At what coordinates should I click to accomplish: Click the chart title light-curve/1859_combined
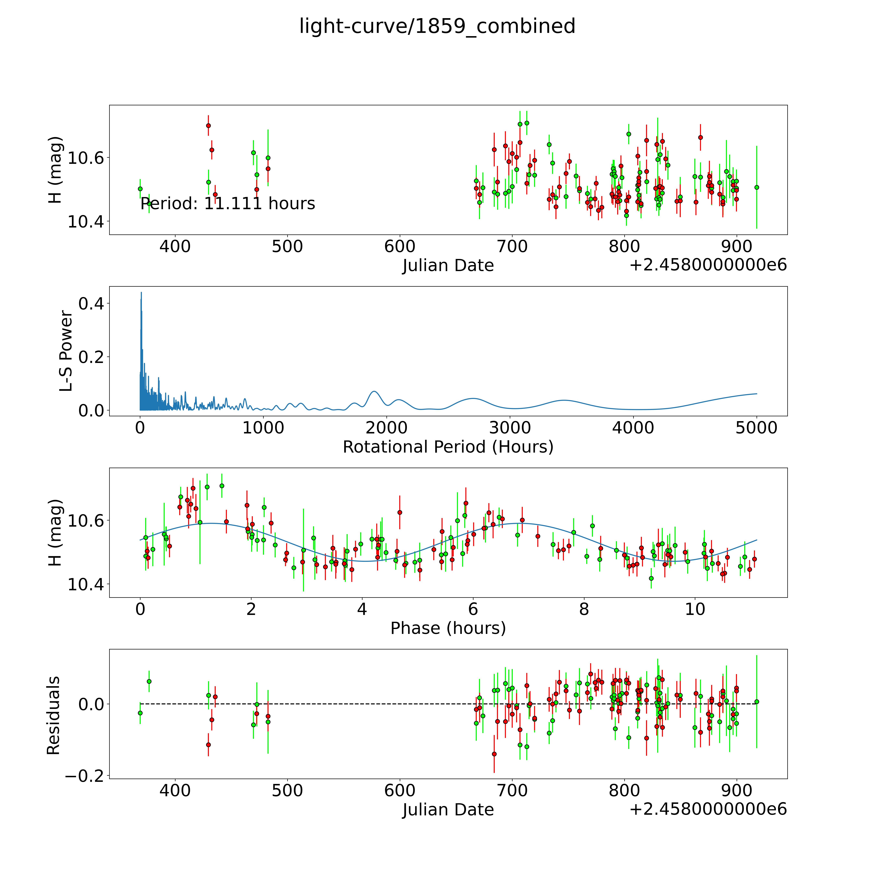(437, 26)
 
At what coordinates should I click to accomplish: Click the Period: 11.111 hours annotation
(227, 204)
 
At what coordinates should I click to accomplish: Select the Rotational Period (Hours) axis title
(448, 447)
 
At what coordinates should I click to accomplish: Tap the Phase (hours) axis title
(448, 628)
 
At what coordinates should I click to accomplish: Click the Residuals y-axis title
(53, 716)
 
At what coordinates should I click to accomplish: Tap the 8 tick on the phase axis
(584, 609)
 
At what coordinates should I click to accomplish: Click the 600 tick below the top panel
(399, 247)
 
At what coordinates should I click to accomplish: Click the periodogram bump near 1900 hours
(374, 391)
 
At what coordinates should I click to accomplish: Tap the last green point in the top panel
(756, 187)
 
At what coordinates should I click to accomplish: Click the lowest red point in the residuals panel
(494, 754)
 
